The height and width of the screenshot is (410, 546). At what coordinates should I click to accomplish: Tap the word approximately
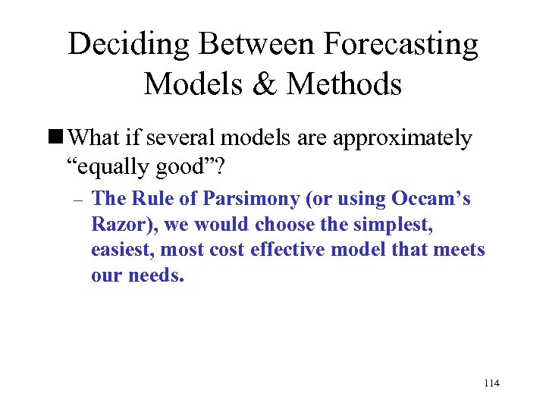coord(398,139)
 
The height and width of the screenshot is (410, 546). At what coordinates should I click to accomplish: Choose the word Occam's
coord(431,200)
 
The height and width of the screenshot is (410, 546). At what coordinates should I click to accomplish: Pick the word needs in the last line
coord(156,276)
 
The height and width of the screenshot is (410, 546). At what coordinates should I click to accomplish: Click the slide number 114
coord(491,383)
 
